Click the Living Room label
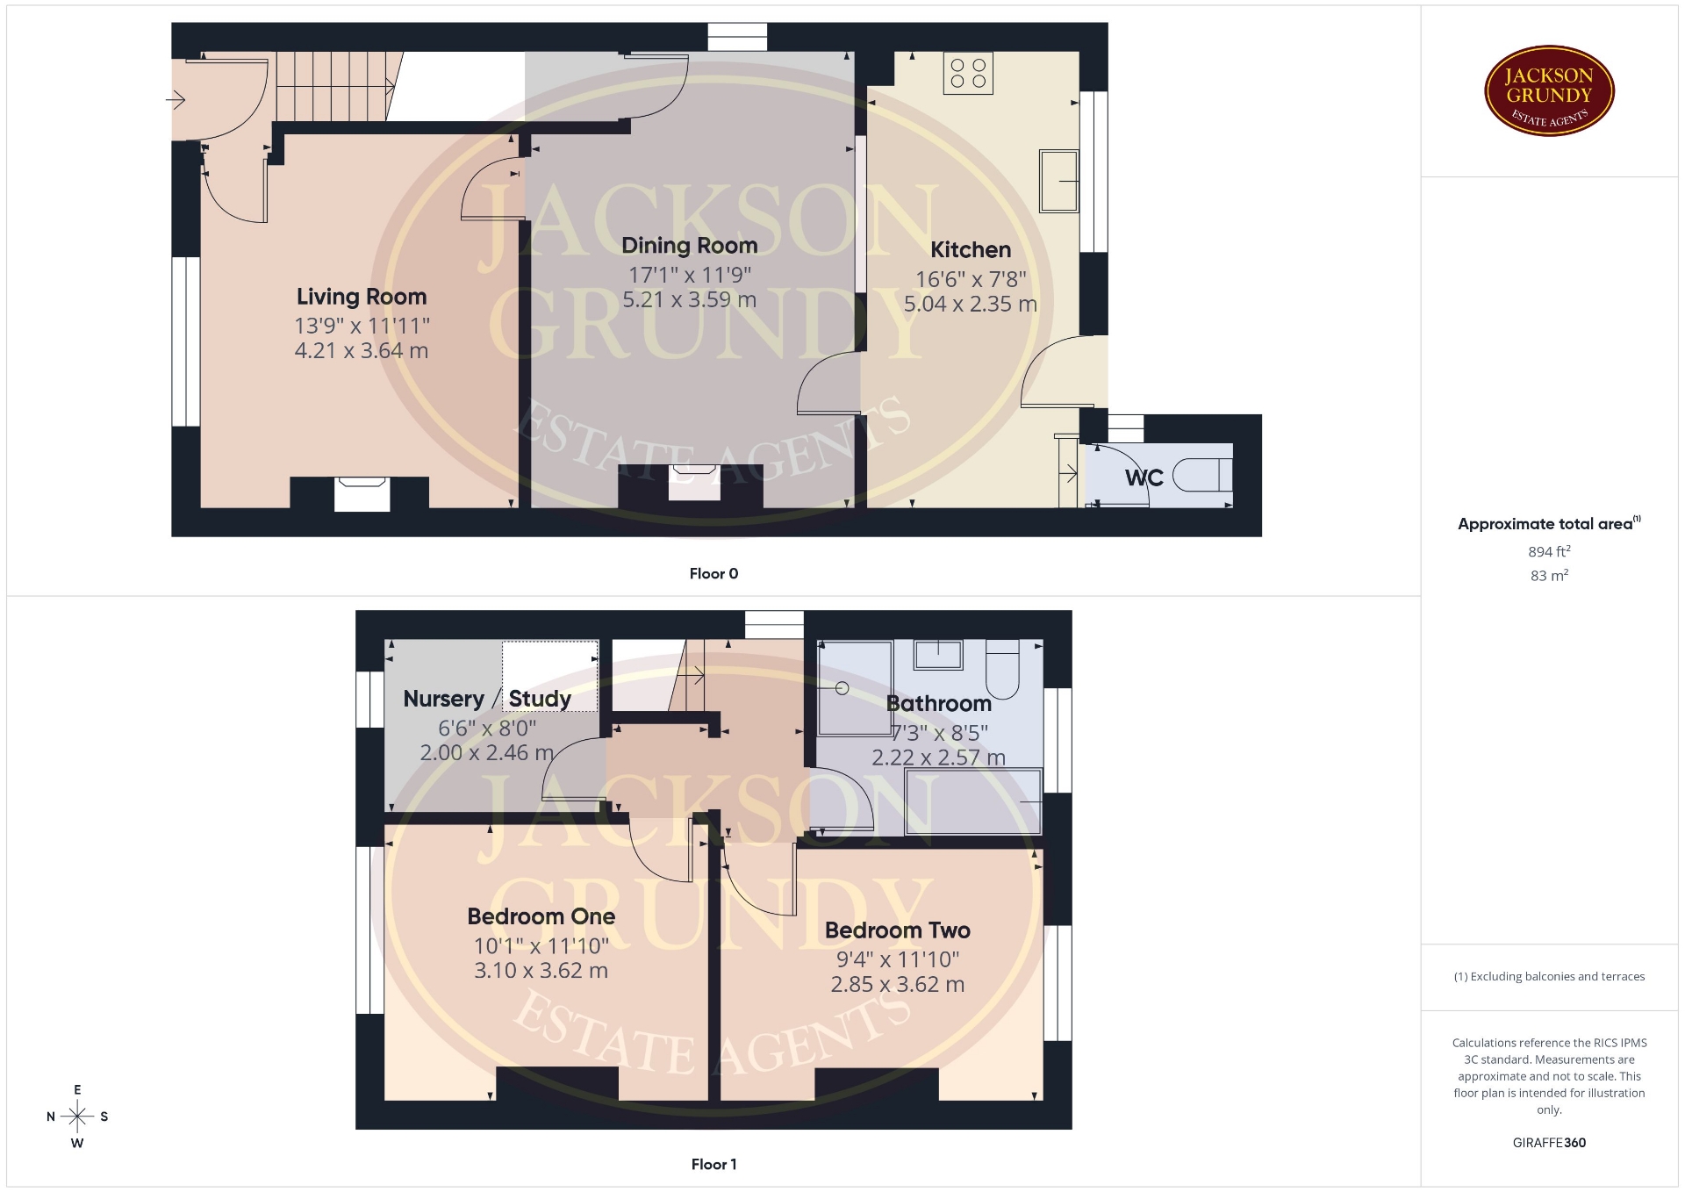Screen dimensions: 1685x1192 (x=362, y=297)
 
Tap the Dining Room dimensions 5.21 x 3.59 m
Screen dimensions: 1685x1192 (x=689, y=299)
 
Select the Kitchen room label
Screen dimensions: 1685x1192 (x=971, y=250)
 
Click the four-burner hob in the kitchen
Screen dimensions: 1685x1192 (x=968, y=73)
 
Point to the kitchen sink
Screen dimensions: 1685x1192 (x=1058, y=181)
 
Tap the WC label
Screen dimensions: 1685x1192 (x=1144, y=478)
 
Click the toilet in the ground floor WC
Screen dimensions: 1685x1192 (x=1202, y=475)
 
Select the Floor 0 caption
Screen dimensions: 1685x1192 (x=713, y=574)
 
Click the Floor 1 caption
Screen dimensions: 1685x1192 (x=713, y=1165)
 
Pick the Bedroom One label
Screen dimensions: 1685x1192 (x=541, y=916)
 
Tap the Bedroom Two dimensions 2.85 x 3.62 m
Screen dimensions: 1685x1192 (x=898, y=985)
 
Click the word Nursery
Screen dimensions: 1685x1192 (x=443, y=700)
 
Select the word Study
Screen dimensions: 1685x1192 (x=540, y=699)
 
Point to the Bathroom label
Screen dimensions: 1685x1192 (x=939, y=704)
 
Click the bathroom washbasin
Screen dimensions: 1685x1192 (x=938, y=655)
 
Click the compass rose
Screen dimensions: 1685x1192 (x=77, y=1117)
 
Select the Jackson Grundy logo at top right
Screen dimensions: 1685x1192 (x=1549, y=91)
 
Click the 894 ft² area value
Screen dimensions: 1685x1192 (x=1549, y=551)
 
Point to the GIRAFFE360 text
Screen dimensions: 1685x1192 (x=1549, y=1143)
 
